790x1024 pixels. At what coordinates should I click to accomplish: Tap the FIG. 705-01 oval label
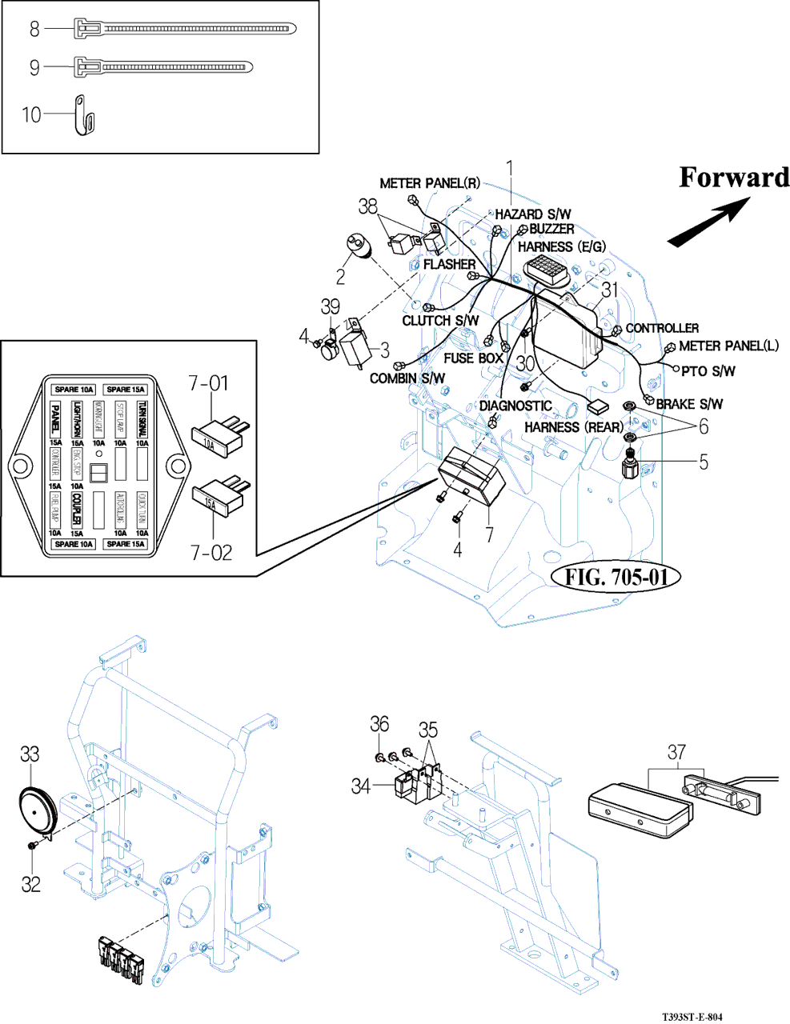pos(616,577)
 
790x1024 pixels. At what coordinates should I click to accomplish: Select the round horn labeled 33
pos(36,812)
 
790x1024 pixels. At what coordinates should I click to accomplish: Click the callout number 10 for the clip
pos(31,115)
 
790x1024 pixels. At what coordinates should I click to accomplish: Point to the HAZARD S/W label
pos(532,214)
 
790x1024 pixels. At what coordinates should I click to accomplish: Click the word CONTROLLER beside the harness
pos(662,328)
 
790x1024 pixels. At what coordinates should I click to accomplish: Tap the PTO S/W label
pos(708,371)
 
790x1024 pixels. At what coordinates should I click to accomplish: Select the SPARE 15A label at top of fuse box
pos(126,390)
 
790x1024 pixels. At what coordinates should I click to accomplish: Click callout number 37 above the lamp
pos(676,752)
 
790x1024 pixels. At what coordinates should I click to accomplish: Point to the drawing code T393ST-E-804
pos(692,1017)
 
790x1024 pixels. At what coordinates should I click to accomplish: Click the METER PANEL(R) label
pos(430,183)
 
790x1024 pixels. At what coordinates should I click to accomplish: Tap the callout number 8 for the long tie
pos(34,30)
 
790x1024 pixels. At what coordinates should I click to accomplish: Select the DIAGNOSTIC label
pos(515,406)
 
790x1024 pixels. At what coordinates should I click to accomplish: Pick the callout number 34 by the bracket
pos(361,786)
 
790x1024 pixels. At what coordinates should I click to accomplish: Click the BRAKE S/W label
pos(689,404)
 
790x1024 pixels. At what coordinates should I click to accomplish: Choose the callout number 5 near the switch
pos(703,462)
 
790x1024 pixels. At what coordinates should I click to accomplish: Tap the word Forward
pos(734,178)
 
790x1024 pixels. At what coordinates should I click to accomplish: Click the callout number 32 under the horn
pos(30,883)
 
